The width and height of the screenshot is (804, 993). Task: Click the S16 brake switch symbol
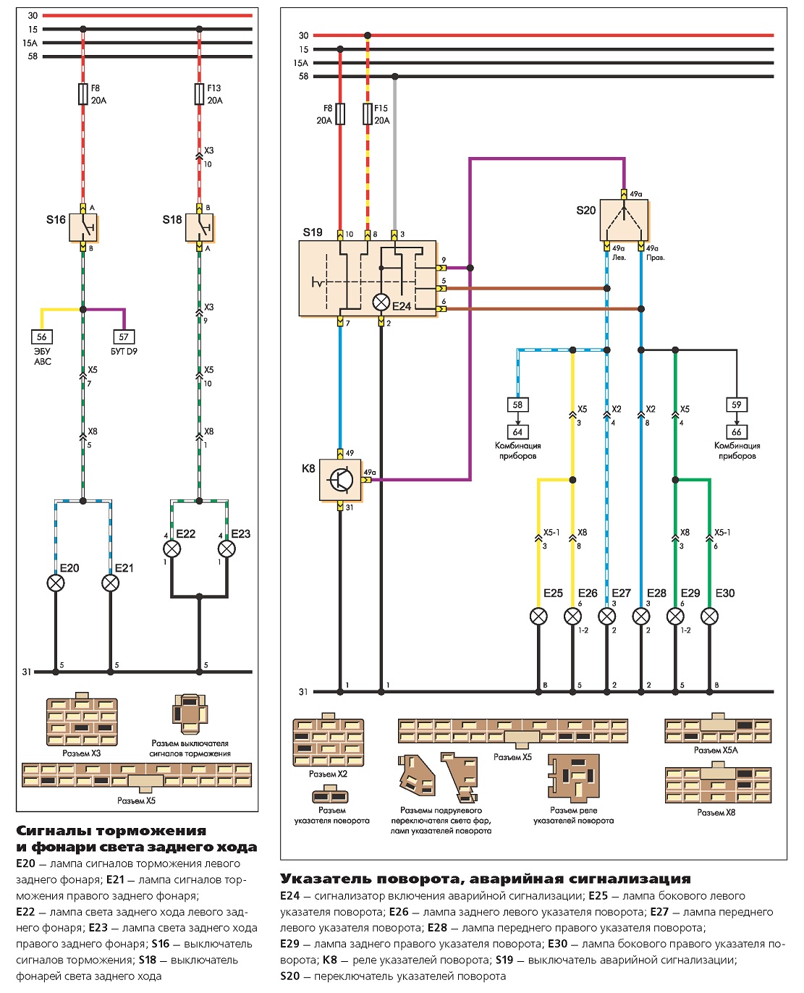click(x=83, y=227)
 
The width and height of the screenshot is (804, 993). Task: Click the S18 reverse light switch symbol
click(x=200, y=227)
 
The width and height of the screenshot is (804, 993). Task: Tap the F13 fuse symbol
click(x=200, y=93)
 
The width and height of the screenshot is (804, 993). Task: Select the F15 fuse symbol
click(x=368, y=114)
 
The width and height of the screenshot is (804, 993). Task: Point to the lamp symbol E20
click(x=56, y=583)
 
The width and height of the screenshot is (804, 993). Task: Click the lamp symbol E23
click(x=227, y=549)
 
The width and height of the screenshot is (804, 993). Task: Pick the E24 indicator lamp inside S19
click(x=381, y=303)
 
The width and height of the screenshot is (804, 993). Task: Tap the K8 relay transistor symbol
click(x=340, y=480)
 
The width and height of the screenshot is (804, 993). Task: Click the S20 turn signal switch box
click(x=624, y=221)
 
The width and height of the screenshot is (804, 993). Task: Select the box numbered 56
click(x=42, y=337)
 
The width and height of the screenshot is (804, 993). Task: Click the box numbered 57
click(x=124, y=337)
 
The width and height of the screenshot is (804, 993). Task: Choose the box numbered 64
click(x=518, y=432)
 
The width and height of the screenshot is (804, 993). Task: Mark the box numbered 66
click(x=737, y=432)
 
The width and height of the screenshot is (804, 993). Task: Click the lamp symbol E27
click(x=607, y=617)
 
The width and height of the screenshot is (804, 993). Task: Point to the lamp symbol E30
click(x=709, y=617)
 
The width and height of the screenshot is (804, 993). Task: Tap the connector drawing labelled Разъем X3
click(x=82, y=719)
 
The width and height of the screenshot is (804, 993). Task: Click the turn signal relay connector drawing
click(x=574, y=777)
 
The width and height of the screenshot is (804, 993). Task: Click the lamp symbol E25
click(x=538, y=617)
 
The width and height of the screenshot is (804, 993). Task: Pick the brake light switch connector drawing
click(x=190, y=714)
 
